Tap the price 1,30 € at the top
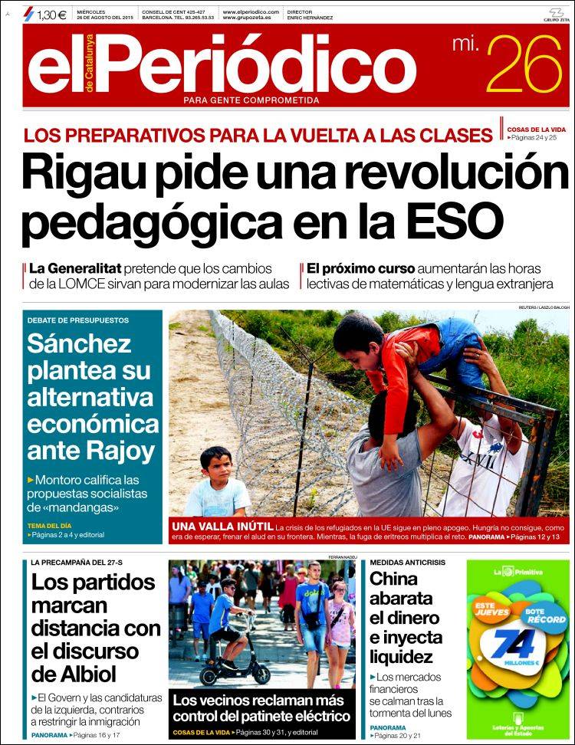pos(51,14)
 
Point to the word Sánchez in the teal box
pos(79,344)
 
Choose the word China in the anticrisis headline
pos(394,580)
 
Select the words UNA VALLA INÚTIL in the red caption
pos(222,527)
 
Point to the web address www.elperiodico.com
pos(251,12)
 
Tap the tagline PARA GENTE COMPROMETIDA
pos(251,100)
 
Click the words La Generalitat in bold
pos(71,269)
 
